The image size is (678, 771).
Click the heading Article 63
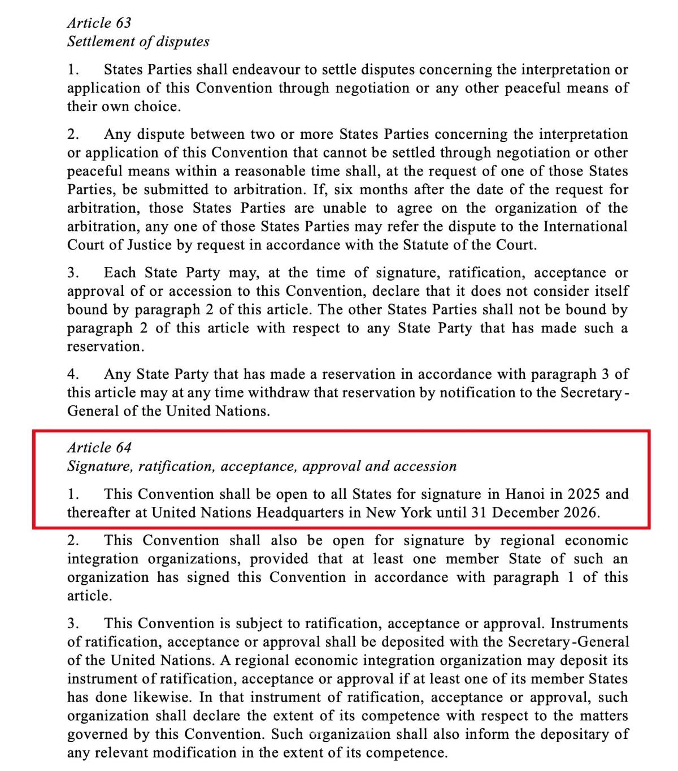(99, 23)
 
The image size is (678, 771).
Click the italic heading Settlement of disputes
(138, 41)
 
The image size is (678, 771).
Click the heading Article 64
(99, 448)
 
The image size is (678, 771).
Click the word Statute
(426, 245)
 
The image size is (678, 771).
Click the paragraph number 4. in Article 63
(72, 374)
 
